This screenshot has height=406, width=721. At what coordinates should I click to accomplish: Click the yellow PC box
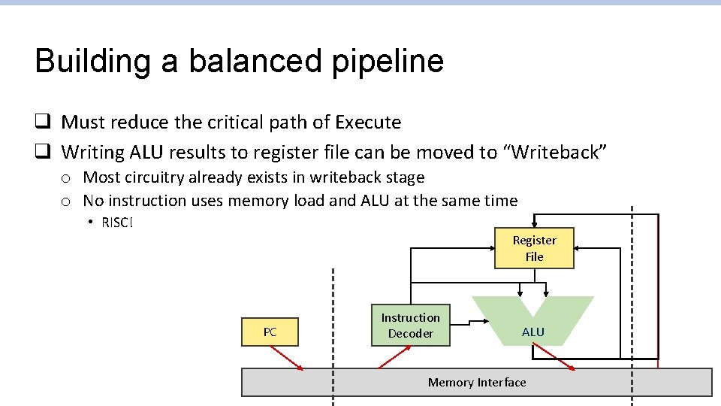270,332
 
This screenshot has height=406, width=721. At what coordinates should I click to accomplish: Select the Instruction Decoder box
410,326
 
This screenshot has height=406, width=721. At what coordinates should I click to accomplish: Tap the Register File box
534,248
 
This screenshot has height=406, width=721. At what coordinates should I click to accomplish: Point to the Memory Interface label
477,383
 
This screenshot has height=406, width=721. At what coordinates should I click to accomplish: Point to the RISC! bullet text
117,223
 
